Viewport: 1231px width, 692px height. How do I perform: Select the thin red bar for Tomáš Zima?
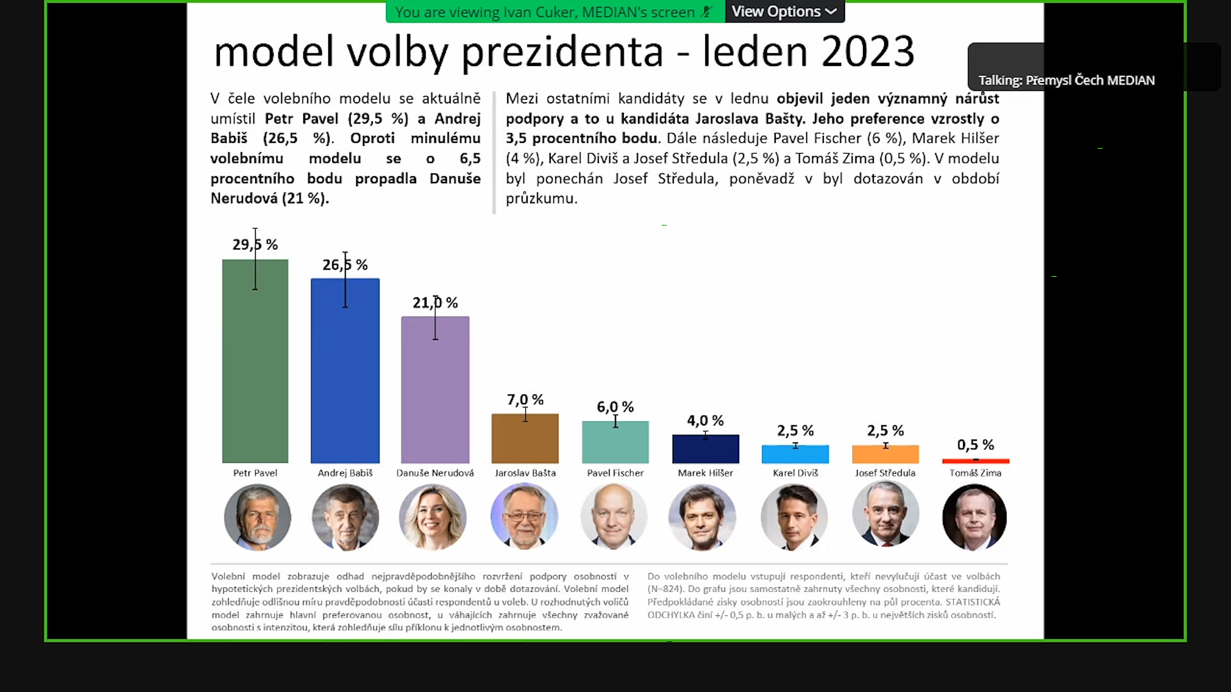[x=975, y=461]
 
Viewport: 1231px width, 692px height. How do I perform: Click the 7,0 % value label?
[x=525, y=400]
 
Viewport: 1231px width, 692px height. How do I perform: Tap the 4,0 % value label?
[x=705, y=420]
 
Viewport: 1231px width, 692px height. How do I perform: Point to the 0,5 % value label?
[x=975, y=445]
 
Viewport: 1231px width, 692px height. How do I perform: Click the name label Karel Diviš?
[x=795, y=473]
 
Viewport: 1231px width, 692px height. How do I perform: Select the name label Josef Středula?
[x=885, y=473]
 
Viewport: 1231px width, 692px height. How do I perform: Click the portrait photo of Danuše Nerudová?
[x=433, y=516]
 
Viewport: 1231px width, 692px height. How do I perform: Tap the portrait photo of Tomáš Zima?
[x=975, y=516]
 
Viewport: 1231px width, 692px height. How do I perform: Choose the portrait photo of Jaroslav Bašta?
[x=524, y=516]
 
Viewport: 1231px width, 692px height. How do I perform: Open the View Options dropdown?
[x=784, y=12]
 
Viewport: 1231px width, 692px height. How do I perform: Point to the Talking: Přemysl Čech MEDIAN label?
[x=1066, y=80]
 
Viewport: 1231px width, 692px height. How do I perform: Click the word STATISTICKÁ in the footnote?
[x=973, y=602]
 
